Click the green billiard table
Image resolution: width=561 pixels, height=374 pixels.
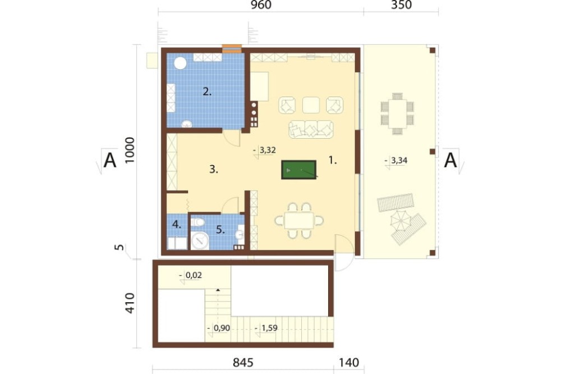[299, 170]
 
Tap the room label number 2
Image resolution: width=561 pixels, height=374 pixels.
[207, 92]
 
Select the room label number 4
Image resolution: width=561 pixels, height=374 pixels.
[177, 225]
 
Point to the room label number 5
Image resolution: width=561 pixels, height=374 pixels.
[220, 230]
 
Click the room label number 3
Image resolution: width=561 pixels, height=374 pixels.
[214, 170]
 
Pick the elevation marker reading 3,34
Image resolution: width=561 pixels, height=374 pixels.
[399, 161]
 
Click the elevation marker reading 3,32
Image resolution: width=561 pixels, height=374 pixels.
[268, 150]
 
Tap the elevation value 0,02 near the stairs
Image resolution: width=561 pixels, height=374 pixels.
[194, 275]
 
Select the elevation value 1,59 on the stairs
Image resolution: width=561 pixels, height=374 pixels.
[269, 328]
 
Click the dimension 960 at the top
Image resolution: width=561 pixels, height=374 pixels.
[261, 5]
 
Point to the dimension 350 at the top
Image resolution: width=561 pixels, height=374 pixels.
[401, 5]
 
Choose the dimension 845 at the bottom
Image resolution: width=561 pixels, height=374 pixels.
[243, 363]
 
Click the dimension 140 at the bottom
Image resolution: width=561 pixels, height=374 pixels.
[349, 363]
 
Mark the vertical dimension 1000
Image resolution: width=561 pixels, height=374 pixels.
[130, 150]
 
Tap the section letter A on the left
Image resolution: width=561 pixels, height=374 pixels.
[110, 160]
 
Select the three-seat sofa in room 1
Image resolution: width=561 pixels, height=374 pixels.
[311, 129]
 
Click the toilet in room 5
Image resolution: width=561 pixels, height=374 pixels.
[197, 222]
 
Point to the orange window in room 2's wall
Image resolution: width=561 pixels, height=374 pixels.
[232, 48]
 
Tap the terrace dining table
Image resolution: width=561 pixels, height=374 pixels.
[397, 113]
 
